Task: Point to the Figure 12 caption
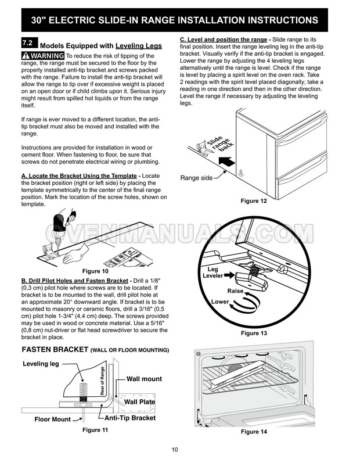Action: [x=254, y=201]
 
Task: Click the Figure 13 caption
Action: [x=254, y=333]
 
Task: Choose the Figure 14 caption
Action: [x=254, y=432]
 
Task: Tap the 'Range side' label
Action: [x=196, y=178]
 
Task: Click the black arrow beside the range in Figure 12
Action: [x=228, y=164]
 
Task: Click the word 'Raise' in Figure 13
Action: [x=235, y=291]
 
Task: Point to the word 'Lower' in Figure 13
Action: [x=220, y=302]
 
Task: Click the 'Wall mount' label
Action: [x=144, y=379]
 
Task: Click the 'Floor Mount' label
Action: [x=52, y=419]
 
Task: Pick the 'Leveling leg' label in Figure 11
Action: [x=41, y=364]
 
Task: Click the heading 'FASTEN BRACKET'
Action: [x=54, y=350]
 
